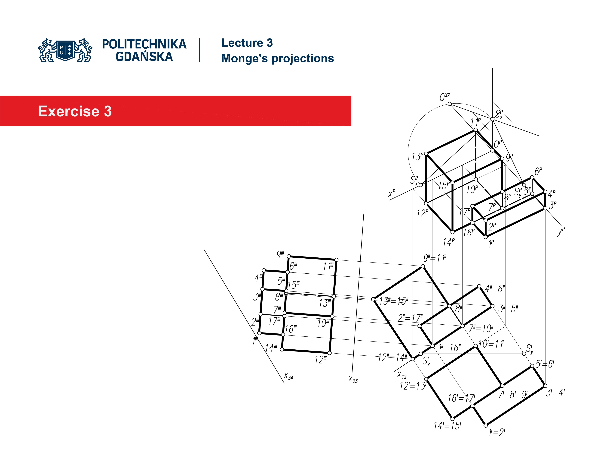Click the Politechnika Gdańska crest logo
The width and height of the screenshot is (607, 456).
(x=65, y=50)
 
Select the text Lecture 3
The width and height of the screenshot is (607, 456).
(x=247, y=43)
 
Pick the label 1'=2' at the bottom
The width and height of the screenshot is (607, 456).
(x=497, y=433)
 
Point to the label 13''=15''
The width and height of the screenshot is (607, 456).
(x=393, y=301)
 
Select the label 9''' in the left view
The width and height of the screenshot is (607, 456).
(x=280, y=255)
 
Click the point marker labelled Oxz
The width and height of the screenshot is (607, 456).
(x=450, y=104)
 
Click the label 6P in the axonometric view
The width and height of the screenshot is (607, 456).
(x=538, y=171)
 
